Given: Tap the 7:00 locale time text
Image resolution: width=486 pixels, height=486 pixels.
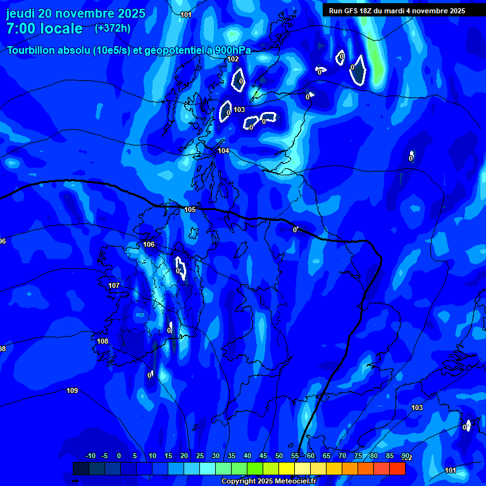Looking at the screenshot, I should click(44, 28).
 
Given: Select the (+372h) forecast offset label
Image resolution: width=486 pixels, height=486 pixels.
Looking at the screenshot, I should click(113, 28).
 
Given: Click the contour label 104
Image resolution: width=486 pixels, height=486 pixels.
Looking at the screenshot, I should click(223, 151).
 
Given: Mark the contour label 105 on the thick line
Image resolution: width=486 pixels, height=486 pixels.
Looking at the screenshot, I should click(190, 209).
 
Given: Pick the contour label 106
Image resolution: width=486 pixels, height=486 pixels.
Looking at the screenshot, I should click(149, 244).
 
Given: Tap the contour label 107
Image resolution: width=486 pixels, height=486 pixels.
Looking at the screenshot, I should click(114, 285).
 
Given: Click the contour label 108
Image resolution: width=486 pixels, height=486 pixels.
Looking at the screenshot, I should click(103, 341).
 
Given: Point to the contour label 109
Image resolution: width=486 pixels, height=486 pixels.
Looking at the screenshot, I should click(72, 390).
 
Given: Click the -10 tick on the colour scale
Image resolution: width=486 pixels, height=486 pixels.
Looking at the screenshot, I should click(90, 456).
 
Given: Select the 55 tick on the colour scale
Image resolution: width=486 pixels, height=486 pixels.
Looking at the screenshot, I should click(295, 456).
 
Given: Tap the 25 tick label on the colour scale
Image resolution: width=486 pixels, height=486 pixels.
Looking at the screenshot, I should click(199, 456).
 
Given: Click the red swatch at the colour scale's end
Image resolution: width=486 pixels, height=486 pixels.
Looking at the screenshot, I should click(397, 468).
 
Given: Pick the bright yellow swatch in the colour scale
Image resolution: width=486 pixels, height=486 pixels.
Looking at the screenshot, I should click(286, 468).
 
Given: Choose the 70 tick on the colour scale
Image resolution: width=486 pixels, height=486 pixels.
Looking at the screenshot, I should click(342, 456).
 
